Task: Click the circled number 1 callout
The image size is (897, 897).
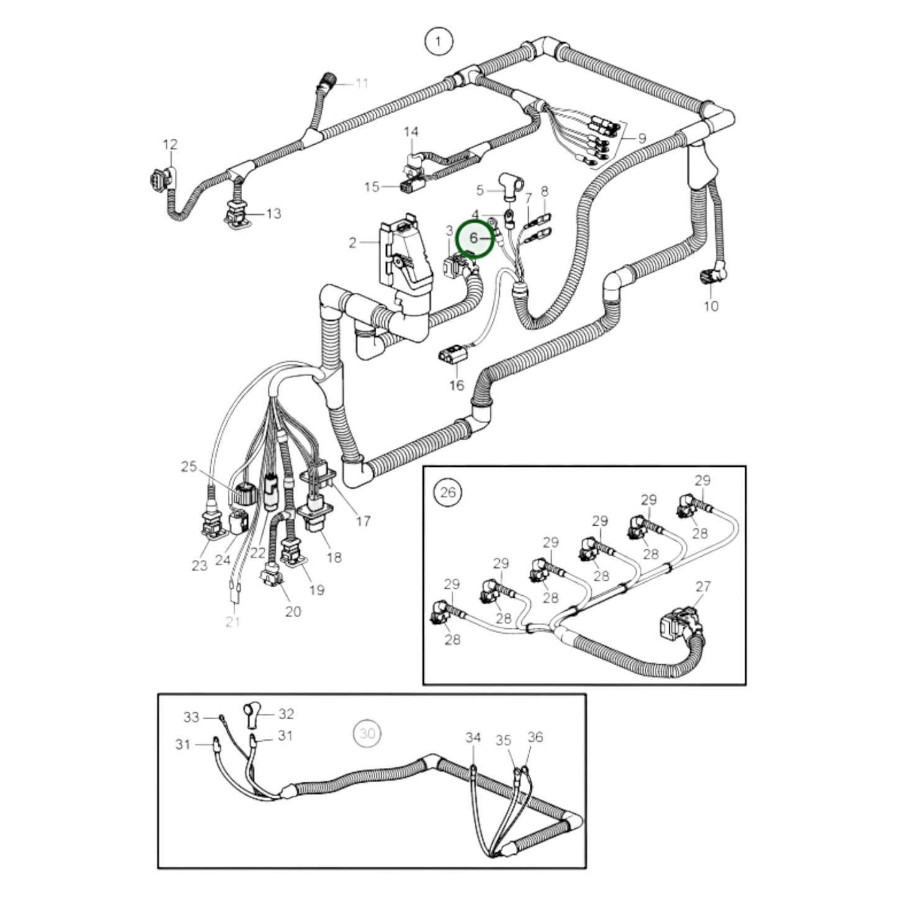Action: (x=438, y=42)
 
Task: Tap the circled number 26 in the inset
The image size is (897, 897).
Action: (x=448, y=492)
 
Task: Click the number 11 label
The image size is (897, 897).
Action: (x=362, y=83)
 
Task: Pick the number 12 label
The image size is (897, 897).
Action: (x=170, y=144)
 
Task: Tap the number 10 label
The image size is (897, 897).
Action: (x=711, y=306)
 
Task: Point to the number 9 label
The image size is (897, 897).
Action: (x=642, y=138)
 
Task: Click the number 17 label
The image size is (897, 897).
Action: (x=363, y=521)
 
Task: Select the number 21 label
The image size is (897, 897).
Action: (x=233, y=621)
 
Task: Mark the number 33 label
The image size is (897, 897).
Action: (x=191, y=718)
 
